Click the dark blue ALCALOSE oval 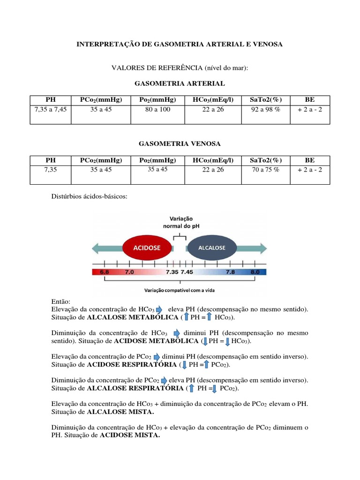(x=212, y=247)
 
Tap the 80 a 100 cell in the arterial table (x=157, y=109)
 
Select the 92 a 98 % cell (x=265, y=109)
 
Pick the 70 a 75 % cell (x=265, y=170)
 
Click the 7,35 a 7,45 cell (x=50, y=109)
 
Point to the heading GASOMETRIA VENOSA (x=180, y=143)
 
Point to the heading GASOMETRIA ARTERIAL (x=180, y=83)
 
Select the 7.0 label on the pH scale (x=129, y=271)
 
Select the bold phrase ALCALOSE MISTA (x=127, y=412)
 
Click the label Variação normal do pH (x=180, y=222)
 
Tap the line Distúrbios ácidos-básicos (x=88, y=197)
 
